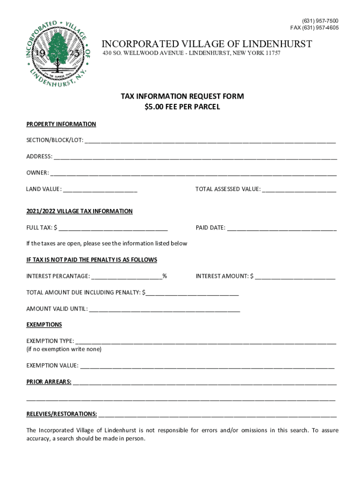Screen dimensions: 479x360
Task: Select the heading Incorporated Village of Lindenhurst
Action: click(207, 44)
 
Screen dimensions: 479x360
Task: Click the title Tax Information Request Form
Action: click(182, 96)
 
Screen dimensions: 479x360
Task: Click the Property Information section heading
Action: click(61, 124)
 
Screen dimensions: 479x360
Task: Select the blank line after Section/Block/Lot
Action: click(210, 140)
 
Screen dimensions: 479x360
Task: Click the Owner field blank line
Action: click(193, 173)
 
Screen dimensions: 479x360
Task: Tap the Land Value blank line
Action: click(100, 189)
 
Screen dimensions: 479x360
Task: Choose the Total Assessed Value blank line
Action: click(299, 189)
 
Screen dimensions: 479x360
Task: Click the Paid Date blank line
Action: click(282, 228)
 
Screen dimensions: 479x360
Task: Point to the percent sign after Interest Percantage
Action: click(165, 276)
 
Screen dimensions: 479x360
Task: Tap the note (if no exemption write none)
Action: click(64, 349)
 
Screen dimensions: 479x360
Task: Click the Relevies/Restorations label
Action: click(62, 414)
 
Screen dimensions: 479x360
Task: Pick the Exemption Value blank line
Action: click(207, 366)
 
